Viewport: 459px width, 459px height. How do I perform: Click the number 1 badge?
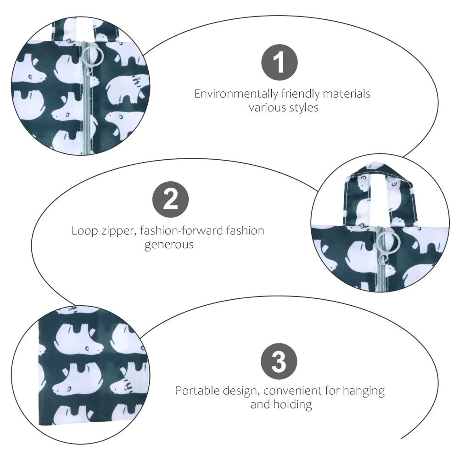coord(280,62)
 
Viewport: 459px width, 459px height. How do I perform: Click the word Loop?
coord(84,230)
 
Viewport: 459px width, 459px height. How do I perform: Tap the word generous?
coord(169,245)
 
